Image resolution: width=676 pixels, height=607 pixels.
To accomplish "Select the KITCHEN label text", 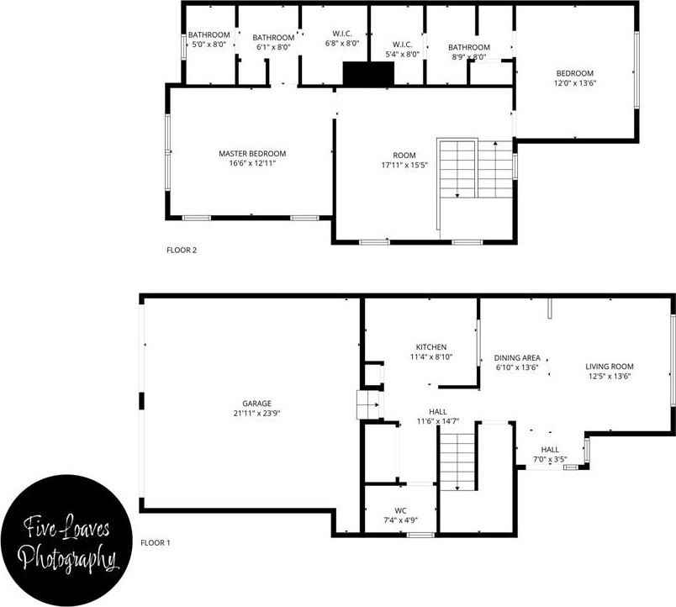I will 430,347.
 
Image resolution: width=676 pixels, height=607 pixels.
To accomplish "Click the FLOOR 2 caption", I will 182,250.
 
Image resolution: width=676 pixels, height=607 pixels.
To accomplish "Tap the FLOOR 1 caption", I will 156,543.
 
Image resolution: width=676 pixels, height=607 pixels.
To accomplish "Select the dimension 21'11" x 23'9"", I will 252,414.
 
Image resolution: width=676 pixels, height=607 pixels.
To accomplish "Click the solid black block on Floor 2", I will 368,74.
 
